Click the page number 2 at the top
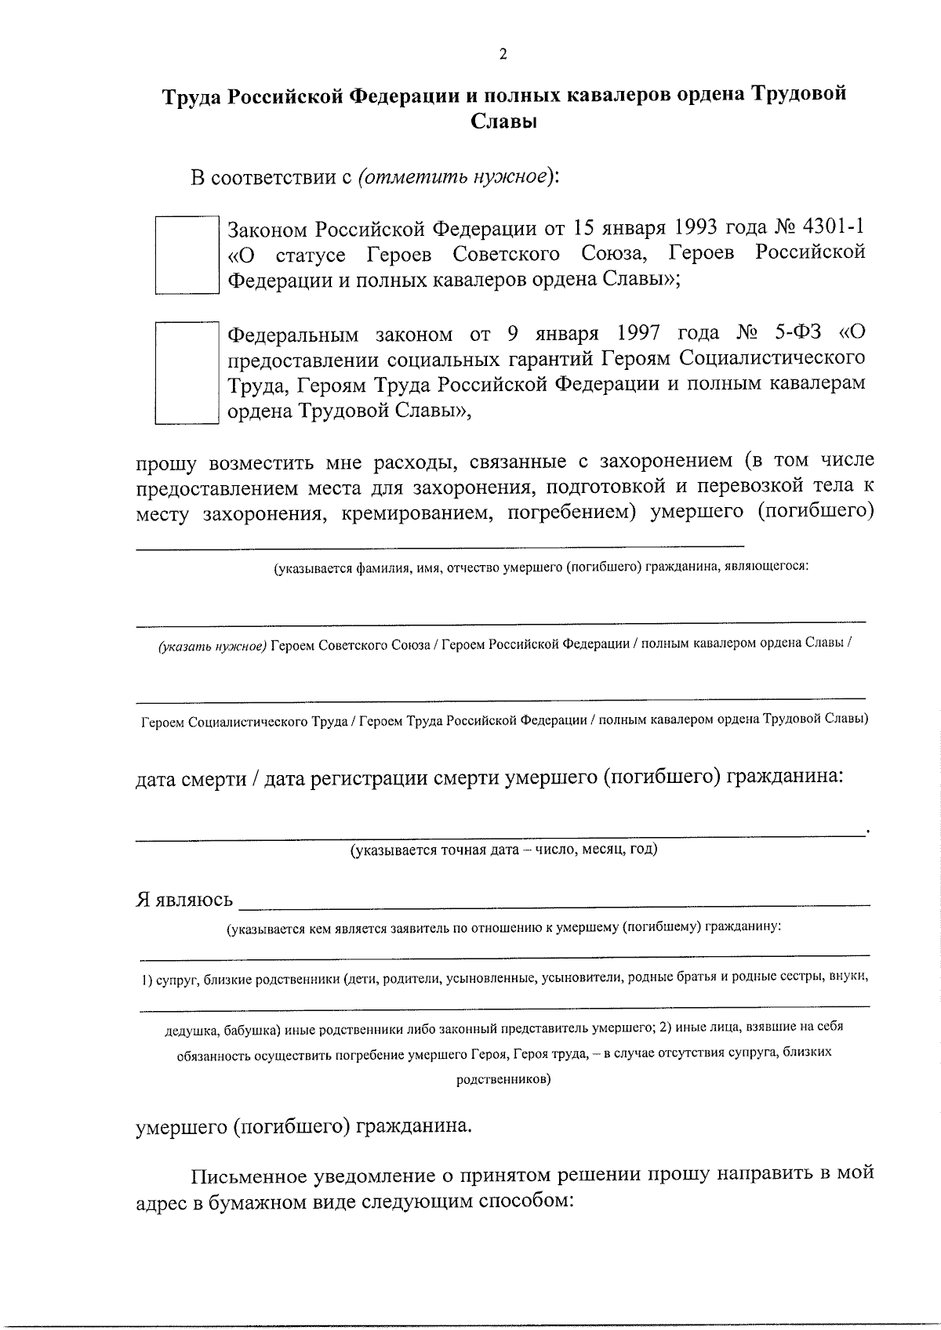click(503, 55)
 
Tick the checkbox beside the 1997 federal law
click(186, 372)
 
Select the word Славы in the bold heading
click(503, 122)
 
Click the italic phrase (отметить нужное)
click(454, 176)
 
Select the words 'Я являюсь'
click(185, 899)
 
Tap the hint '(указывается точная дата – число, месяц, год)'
click(503, 849)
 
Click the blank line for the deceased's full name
click(439, 543)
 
